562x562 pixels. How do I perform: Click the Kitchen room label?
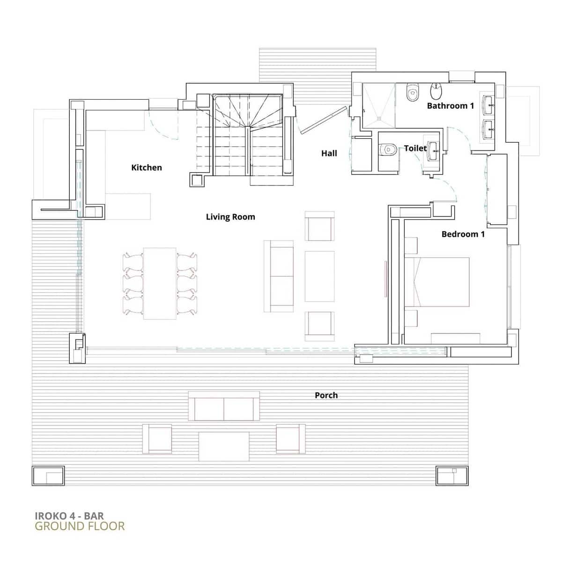[146, 168]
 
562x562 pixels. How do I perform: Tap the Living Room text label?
[230, 217]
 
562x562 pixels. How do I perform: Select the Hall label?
[329, 153]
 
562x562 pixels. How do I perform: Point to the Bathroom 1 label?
[450, 106]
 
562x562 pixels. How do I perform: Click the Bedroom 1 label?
[463, 234]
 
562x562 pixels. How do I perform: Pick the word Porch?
[326, 395]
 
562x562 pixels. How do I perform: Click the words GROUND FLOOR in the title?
[80, 526]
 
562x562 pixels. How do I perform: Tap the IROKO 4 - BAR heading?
[69, 516]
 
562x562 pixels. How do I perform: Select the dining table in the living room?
[160, 283]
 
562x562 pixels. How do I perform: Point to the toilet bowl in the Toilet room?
[387, 149]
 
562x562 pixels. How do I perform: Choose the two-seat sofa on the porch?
[224, 406]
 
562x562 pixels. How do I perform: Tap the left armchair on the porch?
[157, 439]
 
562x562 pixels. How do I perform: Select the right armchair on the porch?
[290, 439]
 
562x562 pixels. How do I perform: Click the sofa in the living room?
[279, 276]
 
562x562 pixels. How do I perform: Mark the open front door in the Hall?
[323, 120]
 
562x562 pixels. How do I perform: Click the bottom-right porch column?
[452, 475]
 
